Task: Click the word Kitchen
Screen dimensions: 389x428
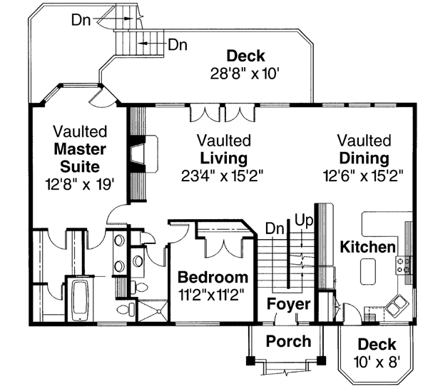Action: [367, 248]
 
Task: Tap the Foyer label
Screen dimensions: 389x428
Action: [289, 305]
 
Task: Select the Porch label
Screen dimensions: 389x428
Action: [288, 341]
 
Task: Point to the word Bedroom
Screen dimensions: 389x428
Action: [213, 277]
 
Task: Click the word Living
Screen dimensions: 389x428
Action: [223, 158]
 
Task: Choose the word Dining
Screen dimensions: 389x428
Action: [364, 158]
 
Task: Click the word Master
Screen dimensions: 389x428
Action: [80, 149]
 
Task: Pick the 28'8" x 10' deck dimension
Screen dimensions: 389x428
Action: [245, 72]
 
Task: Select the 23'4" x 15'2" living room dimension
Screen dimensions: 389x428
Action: [223, 176]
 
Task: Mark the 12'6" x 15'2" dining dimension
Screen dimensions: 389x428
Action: [364, 176]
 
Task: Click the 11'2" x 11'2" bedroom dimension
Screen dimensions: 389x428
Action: [213, 293]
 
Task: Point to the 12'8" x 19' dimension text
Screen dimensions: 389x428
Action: [80, 184]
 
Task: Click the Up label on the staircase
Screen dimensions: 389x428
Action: [304, 221]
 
